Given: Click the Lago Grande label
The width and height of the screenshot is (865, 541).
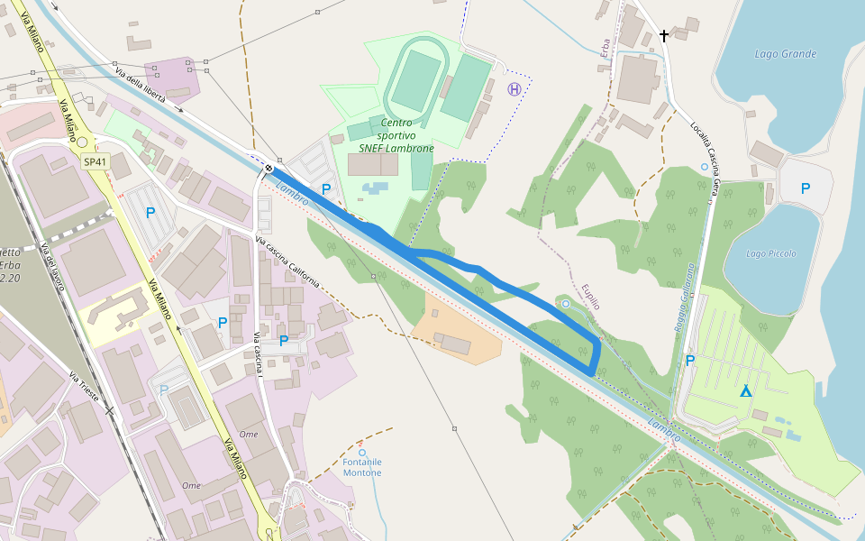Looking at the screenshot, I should coord(785,54).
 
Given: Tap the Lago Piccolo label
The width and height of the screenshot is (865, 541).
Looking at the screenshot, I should coord(771,254).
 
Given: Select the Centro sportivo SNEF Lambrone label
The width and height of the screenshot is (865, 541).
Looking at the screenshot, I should coord(396,135).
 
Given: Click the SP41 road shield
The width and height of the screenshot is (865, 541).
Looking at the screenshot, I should coord(94,162).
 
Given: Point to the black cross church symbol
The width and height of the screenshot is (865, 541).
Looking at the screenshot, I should coord(664,36).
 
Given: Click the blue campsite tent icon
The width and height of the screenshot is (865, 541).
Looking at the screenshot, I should coord(745,390).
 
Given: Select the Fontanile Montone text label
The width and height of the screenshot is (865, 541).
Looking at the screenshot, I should coord(362,467).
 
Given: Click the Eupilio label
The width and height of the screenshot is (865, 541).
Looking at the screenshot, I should coord(590,294).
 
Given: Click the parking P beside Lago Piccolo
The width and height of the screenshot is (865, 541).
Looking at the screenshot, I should coord(805,188).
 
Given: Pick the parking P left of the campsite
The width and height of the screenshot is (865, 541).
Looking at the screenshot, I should coord(690,361).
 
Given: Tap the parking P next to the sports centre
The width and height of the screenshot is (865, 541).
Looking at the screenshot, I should coord(326,189).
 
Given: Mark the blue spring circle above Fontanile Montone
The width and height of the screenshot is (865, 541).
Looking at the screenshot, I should coord(362,453).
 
